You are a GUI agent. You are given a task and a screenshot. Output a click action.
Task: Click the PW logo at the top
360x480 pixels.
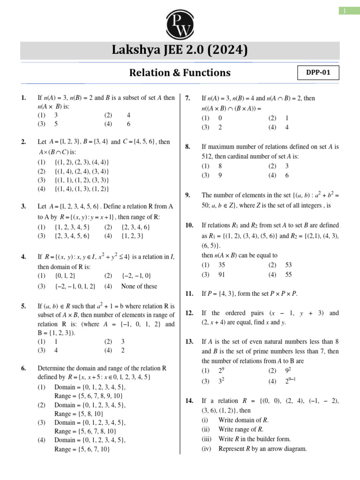click(x=180, y=22)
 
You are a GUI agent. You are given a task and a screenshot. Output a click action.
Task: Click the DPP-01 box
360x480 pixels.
click(x=318, y=73)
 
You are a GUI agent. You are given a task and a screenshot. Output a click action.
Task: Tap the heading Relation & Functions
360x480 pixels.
click(x=180, y=73)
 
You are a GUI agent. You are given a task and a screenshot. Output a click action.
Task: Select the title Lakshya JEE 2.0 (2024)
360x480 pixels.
click(x=180, y=50)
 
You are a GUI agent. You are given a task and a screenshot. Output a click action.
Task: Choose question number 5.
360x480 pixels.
click(x=23, y=307)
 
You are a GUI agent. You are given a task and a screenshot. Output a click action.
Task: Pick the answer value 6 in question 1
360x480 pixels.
click(x=128, y=124)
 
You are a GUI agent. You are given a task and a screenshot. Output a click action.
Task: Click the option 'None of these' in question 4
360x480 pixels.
click(x=139, y=286)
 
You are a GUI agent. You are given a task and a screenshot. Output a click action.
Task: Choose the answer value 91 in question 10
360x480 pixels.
click(x=222, y=275)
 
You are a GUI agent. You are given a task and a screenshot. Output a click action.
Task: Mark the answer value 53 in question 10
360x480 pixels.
click(x=288, y=265)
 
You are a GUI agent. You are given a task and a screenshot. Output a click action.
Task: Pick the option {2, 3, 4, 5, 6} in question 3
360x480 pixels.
click(x=72, y=236)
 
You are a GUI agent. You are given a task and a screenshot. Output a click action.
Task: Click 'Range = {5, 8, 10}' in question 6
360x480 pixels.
click(x=82, y=414)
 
